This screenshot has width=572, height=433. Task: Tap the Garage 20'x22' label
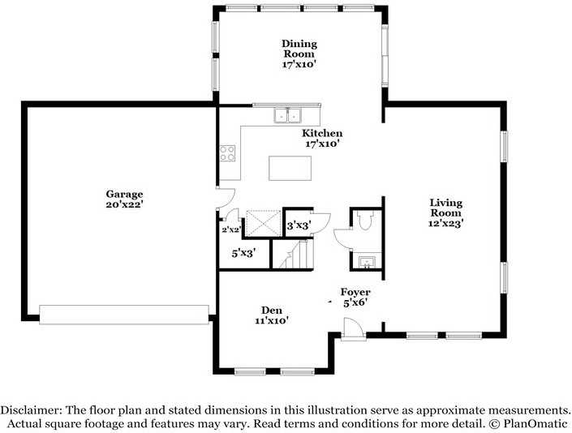tap(124, 199)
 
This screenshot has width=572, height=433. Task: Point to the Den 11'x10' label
tap(272, 315)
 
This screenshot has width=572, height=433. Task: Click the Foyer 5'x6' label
tap(355, 297)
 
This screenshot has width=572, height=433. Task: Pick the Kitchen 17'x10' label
tap(322, 138)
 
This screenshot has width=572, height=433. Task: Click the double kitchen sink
tap(288, 115)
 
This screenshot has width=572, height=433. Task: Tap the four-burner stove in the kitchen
tap(227, 153)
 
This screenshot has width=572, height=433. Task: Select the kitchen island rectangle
tap(290, 168)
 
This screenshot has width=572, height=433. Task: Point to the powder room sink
tap(366, 262)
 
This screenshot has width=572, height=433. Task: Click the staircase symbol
tap(293, 254)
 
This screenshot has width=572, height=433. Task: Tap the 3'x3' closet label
tap(299, 225)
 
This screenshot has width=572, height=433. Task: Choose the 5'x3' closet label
tap(243, 253)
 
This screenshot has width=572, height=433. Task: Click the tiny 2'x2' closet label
tap(231, 229)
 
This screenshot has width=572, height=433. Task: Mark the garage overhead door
tap(124, 315)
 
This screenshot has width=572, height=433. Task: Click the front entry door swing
tap(352, 328)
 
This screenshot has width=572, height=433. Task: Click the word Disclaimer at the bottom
tap(31, 410)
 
